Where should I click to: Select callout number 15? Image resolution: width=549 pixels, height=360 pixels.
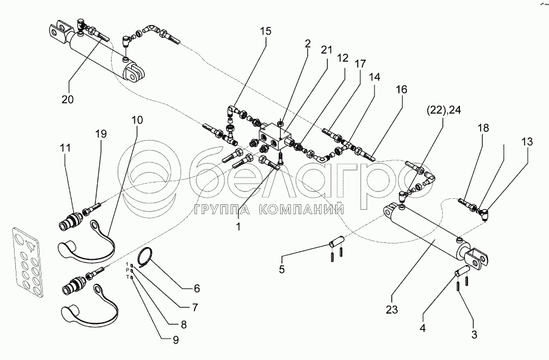pyautogui.click(x=263, y=32)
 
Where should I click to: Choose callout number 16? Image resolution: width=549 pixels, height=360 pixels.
pyautogui.click(x=401, y=89)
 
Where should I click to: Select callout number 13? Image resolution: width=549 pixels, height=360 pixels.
pyautogui.click(x=527, y=142)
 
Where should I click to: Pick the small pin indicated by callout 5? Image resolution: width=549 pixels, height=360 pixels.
pyautogui.click(x=335, y=241)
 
